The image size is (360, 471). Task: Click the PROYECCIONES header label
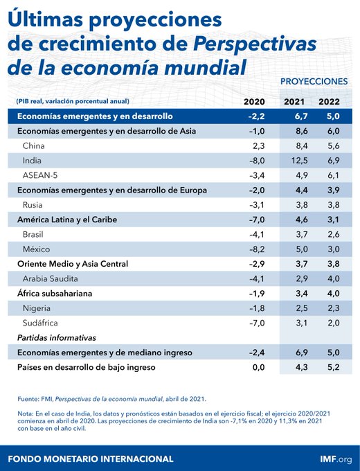pos(314,81)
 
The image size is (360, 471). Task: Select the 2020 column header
pos(254,102)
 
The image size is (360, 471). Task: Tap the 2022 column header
pos(329,102)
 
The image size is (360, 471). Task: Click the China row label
pos(34,146)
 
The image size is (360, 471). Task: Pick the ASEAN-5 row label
pos(42,175)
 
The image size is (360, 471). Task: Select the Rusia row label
pos(34,204)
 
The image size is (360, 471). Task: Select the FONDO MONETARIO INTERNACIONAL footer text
pos(90,459)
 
